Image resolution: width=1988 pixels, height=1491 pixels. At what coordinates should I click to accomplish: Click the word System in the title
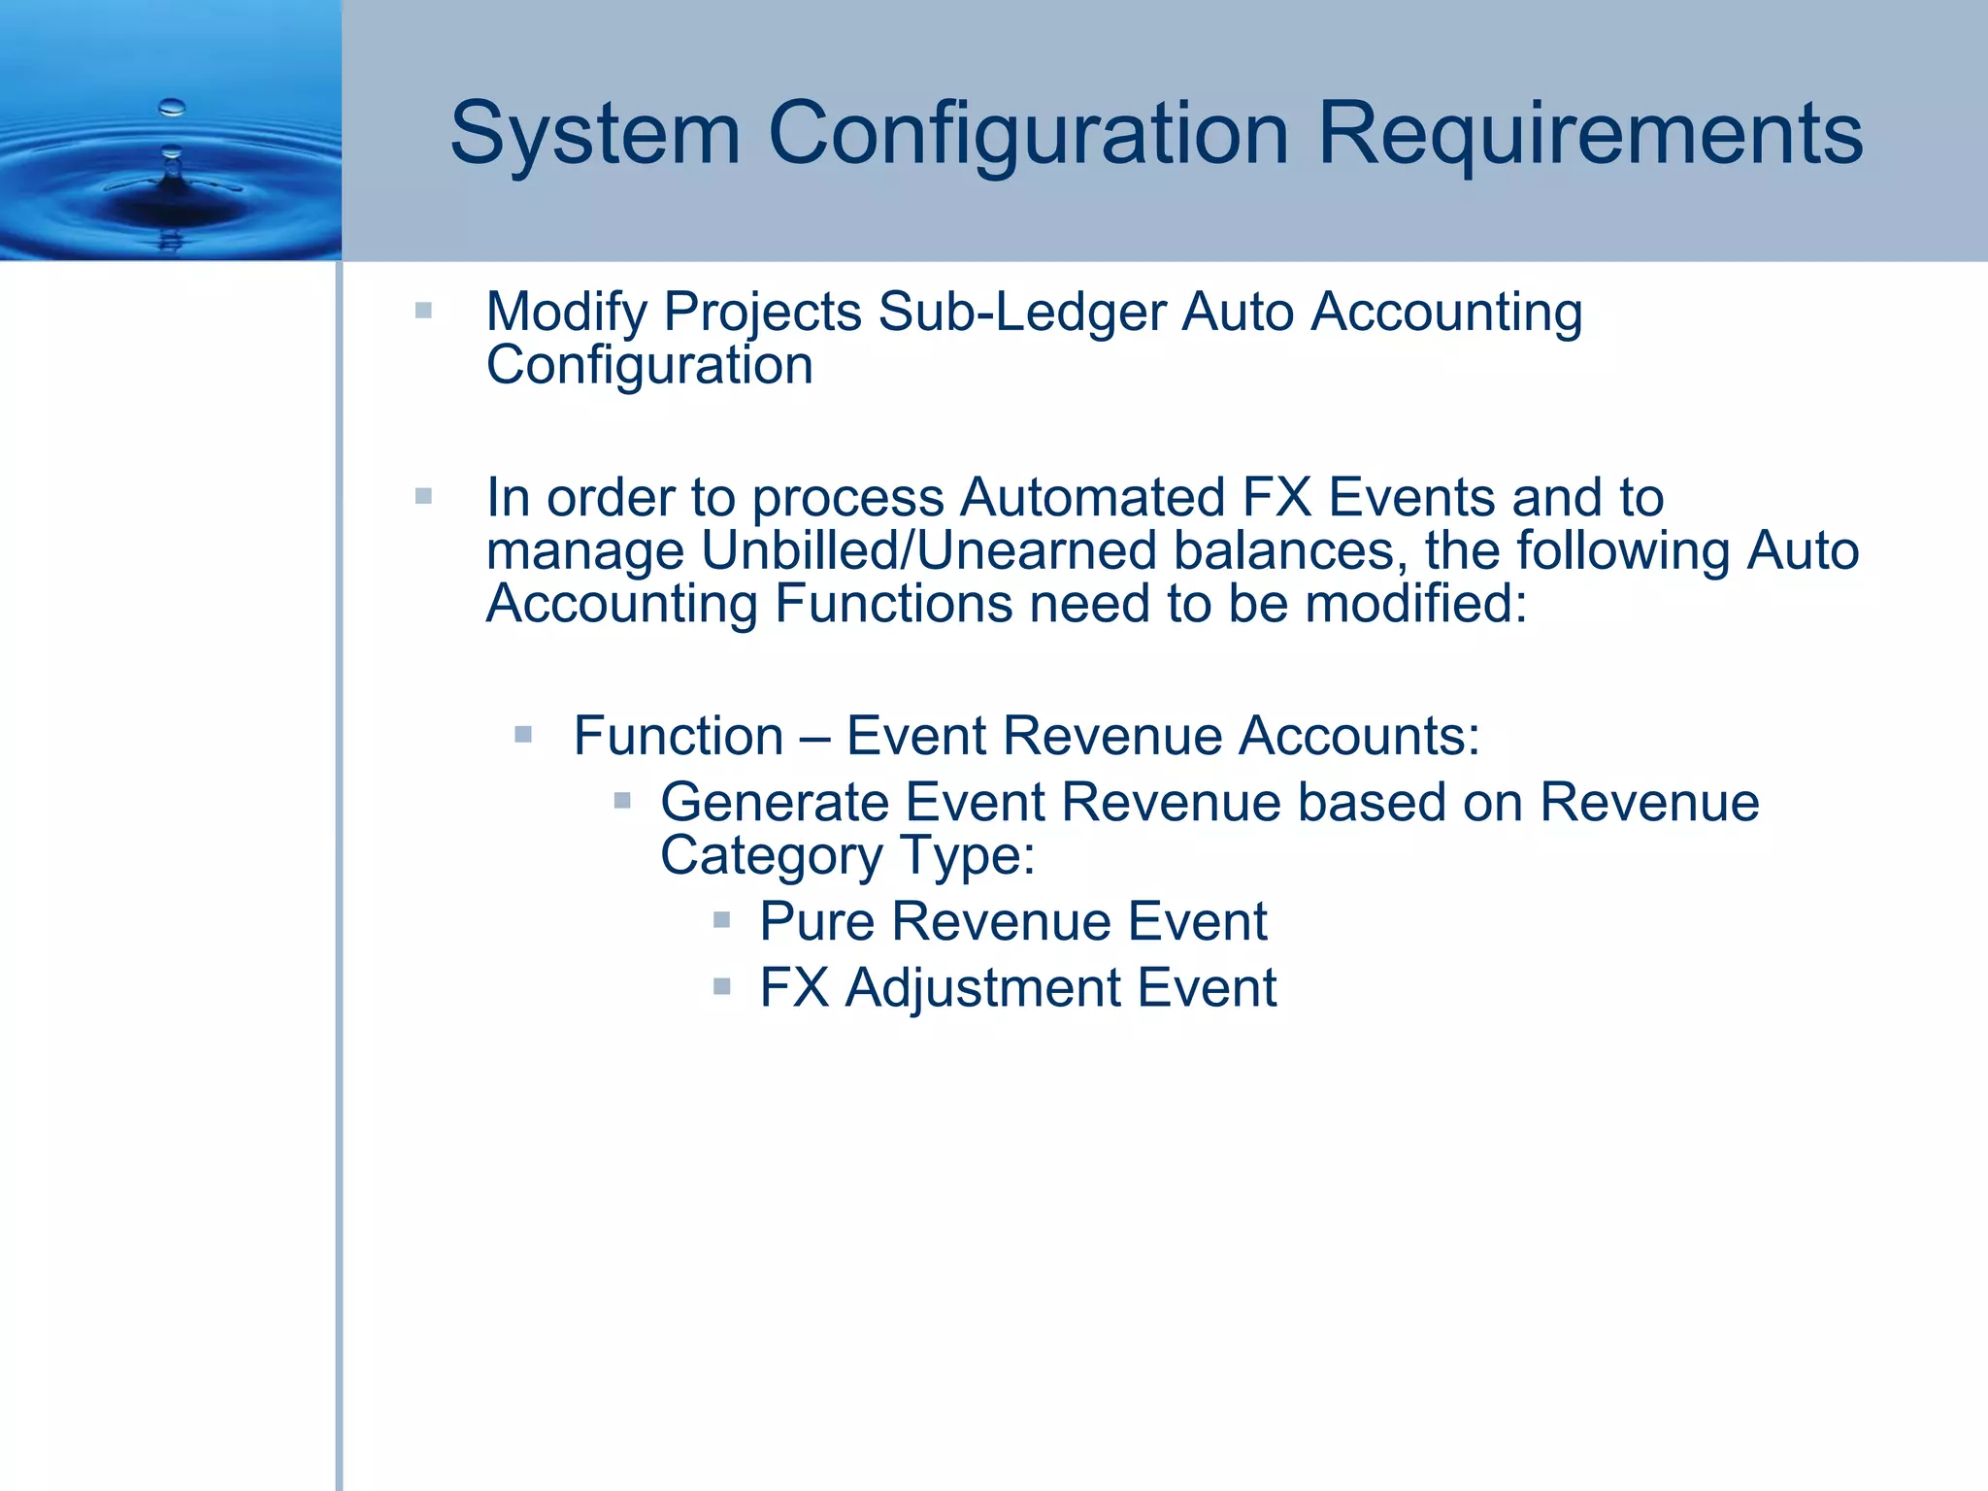595,134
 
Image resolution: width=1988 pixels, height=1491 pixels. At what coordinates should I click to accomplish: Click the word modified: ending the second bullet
1416,604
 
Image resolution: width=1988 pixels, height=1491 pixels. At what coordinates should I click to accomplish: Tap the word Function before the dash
678,736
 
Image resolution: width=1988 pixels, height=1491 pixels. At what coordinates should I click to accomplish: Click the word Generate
774,803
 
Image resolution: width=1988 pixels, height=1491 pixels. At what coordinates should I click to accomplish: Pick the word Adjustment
981,988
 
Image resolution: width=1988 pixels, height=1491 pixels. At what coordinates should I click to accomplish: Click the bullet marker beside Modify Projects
423,311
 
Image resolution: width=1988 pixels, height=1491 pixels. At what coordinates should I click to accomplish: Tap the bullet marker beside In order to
423,496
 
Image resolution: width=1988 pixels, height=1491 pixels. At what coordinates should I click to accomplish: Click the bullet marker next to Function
523,734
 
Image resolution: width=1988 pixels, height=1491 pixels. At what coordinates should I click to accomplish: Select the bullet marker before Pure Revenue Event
721,919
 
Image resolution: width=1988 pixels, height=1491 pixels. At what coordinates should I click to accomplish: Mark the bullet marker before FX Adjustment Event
721,986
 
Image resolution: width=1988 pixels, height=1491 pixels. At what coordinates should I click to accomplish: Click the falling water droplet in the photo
172,107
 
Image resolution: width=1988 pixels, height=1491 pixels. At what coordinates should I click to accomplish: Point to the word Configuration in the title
1029,134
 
